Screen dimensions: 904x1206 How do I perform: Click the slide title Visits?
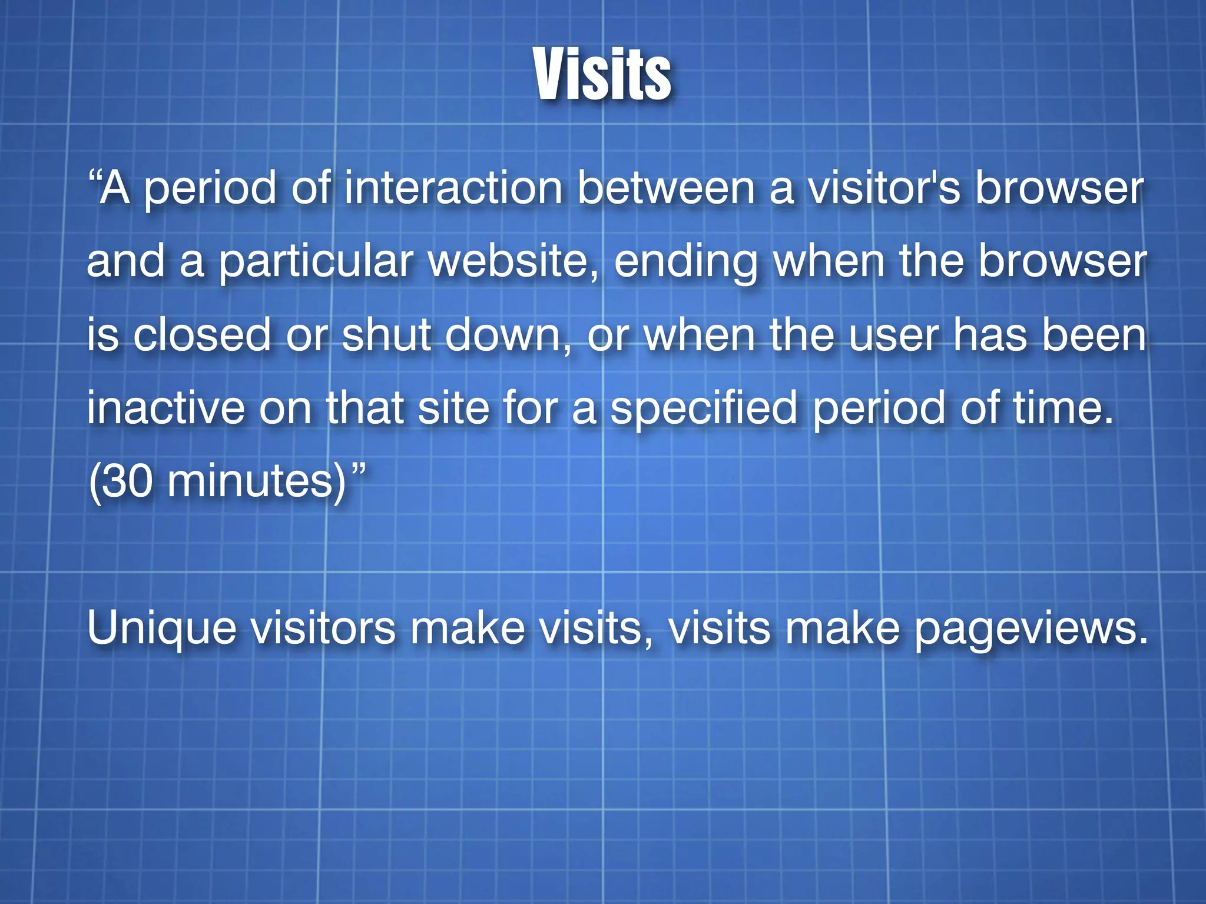tap(603, 75)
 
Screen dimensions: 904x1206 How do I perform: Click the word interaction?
tap(453, 188)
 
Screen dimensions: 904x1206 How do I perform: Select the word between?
tap(665, 188)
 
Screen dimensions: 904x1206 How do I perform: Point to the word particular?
tap(316, 262)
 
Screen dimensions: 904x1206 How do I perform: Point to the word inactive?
tap(165, 408)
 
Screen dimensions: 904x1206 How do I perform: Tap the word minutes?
tap(253, 481)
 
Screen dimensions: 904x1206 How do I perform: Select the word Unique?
tap(162, 629)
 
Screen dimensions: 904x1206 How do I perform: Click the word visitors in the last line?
tap(323, 628)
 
